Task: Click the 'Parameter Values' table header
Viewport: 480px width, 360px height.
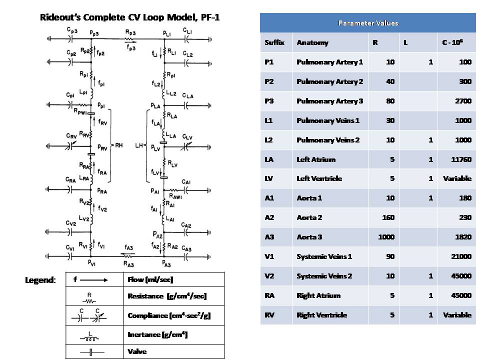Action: pos(367,23)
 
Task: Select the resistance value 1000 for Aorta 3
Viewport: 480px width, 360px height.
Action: pos(386,237)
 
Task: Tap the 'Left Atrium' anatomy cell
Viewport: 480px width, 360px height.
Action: pos(316,159)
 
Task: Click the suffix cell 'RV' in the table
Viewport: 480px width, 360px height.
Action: pos(270,315)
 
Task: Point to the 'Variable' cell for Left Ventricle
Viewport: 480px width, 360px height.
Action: pos(457,178)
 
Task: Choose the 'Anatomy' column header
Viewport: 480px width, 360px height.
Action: pos(312,42)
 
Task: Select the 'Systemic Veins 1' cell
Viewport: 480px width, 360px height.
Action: pos(324,256)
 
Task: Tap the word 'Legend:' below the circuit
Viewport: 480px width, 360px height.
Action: pos(40,280)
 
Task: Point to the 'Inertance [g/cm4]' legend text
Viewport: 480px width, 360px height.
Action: pos(157,334)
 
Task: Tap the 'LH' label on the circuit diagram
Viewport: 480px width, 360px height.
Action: pos(139,145)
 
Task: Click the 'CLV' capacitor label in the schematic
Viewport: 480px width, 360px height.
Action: pos(187,136)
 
